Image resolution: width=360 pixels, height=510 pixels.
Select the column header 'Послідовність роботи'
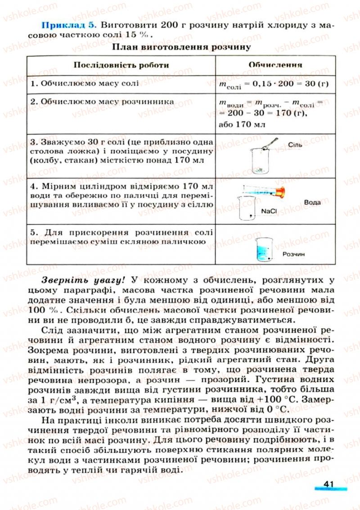(121, 65)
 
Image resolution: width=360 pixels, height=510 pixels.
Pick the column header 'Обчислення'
(275, 65)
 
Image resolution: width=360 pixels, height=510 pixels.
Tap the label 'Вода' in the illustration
(312, 202)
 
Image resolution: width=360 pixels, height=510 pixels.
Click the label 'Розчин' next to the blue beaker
(294, 254)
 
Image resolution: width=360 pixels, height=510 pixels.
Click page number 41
(328, 484)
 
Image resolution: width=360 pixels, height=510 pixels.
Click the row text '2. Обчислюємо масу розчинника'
(102, 102)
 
